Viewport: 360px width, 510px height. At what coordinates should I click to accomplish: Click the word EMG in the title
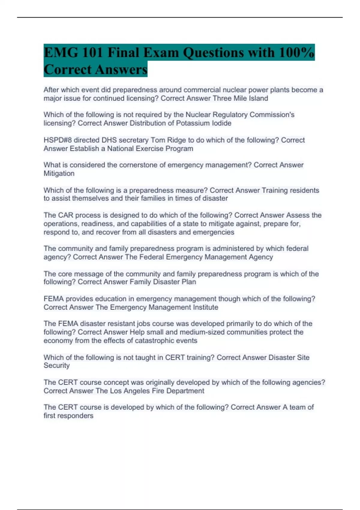pos(61,53)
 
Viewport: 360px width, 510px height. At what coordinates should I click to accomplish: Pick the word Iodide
pos(222,123)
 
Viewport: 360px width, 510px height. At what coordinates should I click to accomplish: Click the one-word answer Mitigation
pos(59,173)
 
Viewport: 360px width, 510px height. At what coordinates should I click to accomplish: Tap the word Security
pos(56,365)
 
